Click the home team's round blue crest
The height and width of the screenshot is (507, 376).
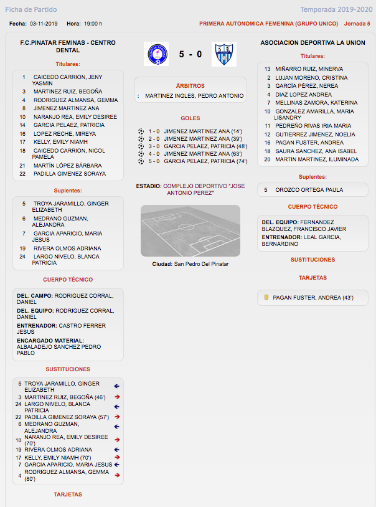[156, 54]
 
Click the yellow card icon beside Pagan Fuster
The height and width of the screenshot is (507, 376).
[266, 298]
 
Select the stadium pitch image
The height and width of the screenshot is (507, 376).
[190, 230]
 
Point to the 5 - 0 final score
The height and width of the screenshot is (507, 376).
[190, 54]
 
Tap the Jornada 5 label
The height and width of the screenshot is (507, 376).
[357, 24]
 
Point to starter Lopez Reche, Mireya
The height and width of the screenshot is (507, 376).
[65, 134]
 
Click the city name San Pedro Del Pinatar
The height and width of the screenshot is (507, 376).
[201, 264]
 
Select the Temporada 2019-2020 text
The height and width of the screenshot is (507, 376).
[334, 9]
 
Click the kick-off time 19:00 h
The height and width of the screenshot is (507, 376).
[93, 24]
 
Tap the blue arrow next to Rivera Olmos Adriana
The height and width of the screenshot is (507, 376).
[116, 449]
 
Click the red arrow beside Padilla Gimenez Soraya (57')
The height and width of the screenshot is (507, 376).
[116, 417]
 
